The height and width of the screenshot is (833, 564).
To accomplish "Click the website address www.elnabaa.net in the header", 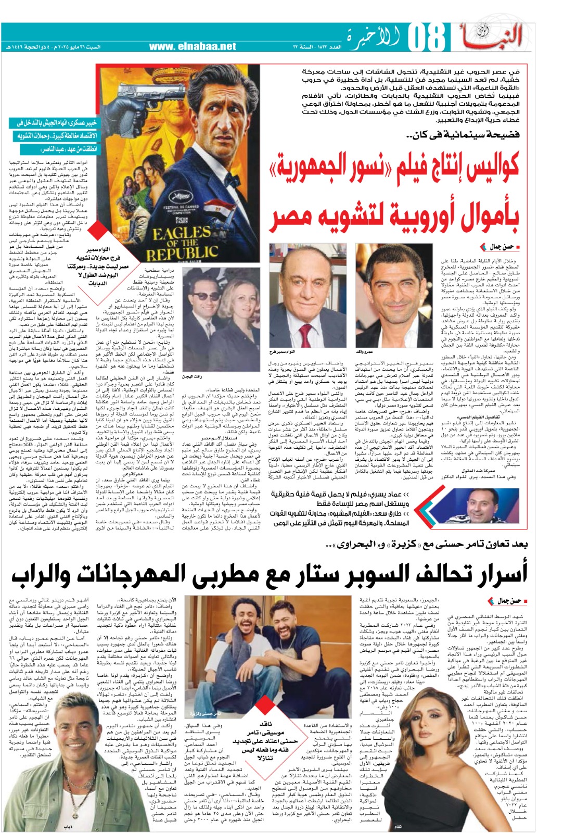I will [x=193, y=46].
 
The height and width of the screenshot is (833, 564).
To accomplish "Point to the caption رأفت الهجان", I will [x=193, y=376].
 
